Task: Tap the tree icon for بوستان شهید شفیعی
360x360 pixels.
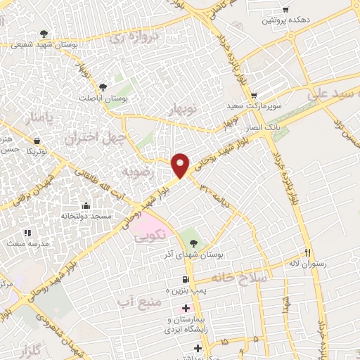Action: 44,33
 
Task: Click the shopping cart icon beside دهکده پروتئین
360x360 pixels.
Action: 285,10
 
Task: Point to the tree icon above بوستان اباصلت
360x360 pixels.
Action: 103,87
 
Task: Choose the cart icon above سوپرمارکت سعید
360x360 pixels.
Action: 255,96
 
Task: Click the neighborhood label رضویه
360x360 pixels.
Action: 136,171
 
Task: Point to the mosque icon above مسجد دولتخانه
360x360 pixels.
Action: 86,205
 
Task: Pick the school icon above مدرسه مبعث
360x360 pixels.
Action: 27,232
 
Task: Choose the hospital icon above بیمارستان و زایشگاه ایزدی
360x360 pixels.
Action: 186,309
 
